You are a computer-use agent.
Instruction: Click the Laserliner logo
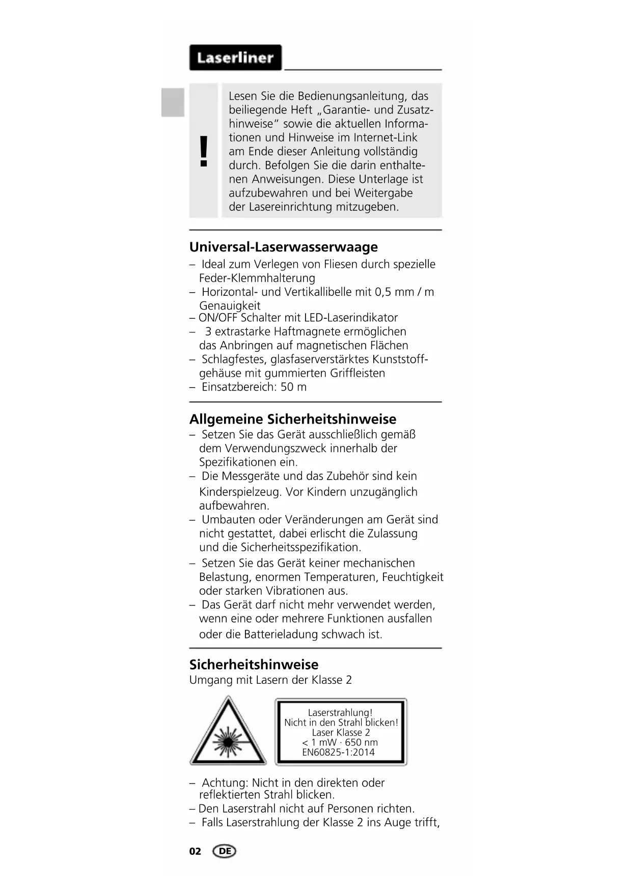pos(235,58)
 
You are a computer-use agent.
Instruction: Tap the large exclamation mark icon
pos(204,151)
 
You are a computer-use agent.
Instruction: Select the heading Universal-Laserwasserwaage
pos(283,247)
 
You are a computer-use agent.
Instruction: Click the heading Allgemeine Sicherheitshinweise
pos(292,420)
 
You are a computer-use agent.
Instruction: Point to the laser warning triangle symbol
pos(228,732)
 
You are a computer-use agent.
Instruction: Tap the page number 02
pos(195,852)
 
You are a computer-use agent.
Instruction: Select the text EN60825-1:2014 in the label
pos(338,752)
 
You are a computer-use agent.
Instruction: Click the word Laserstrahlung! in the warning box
pos(340,713)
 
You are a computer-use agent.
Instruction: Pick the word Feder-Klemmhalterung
pos(257,278)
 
